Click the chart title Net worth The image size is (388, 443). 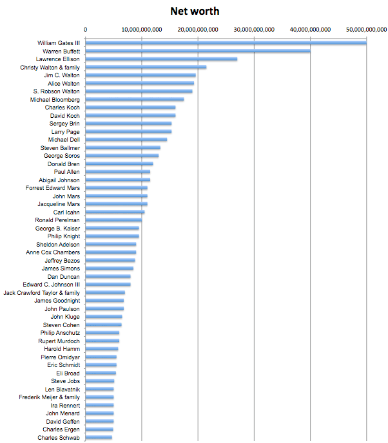(195, 12)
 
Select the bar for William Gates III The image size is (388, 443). (226, 43)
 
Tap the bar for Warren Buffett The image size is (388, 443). (198, 51)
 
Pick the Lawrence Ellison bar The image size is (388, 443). (161, 59)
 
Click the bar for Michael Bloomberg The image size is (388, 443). (135, 99)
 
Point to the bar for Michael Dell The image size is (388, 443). (126, 140)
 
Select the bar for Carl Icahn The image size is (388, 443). (115, 212)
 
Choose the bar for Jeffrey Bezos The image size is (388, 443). (110, 261)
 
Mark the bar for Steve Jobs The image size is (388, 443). (100, 381)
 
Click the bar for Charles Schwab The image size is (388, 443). (99, 438)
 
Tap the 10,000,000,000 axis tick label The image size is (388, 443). (142, 30)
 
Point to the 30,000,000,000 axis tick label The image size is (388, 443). (254, 30)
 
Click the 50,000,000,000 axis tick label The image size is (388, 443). (367, 30)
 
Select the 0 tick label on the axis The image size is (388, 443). (86, 30)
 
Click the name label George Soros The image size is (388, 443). (62, 156)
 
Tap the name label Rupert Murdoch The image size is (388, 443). (59, 341)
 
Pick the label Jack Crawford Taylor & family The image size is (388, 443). (41, 293)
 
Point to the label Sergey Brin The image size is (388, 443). (64, 124)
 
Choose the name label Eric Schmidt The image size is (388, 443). (64, 365)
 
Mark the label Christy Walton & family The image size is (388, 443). (50, 68)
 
